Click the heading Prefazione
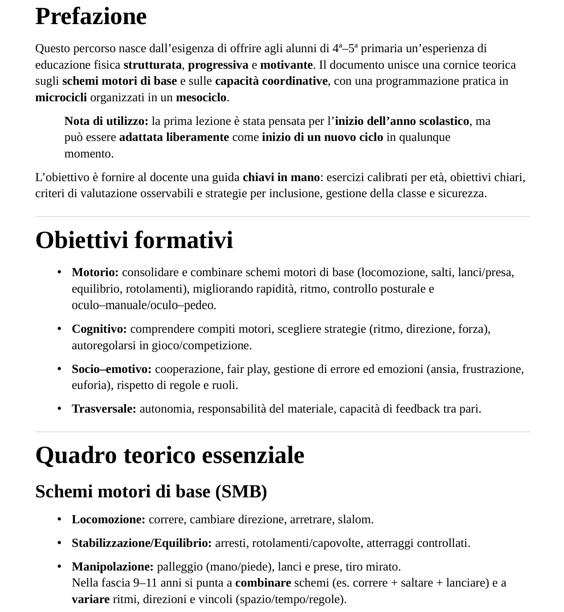[91, 17]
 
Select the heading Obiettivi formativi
[134, 240]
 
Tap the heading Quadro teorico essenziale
[170, 455]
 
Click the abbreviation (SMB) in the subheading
[241, 492]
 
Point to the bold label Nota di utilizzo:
[106, 121]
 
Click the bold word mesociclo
[201, 98]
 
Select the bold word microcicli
[61, 98]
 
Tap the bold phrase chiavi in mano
[281, 178]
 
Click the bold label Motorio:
[95, 273]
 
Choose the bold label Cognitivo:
[99, 329]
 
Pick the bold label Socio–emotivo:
[111, 369]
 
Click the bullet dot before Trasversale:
[59, 409]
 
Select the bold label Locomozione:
[108, 520]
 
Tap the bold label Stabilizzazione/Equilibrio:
[142, 543]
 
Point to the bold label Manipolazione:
[112, 567]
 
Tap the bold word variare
[90, 600]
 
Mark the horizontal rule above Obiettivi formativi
[283, 217]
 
